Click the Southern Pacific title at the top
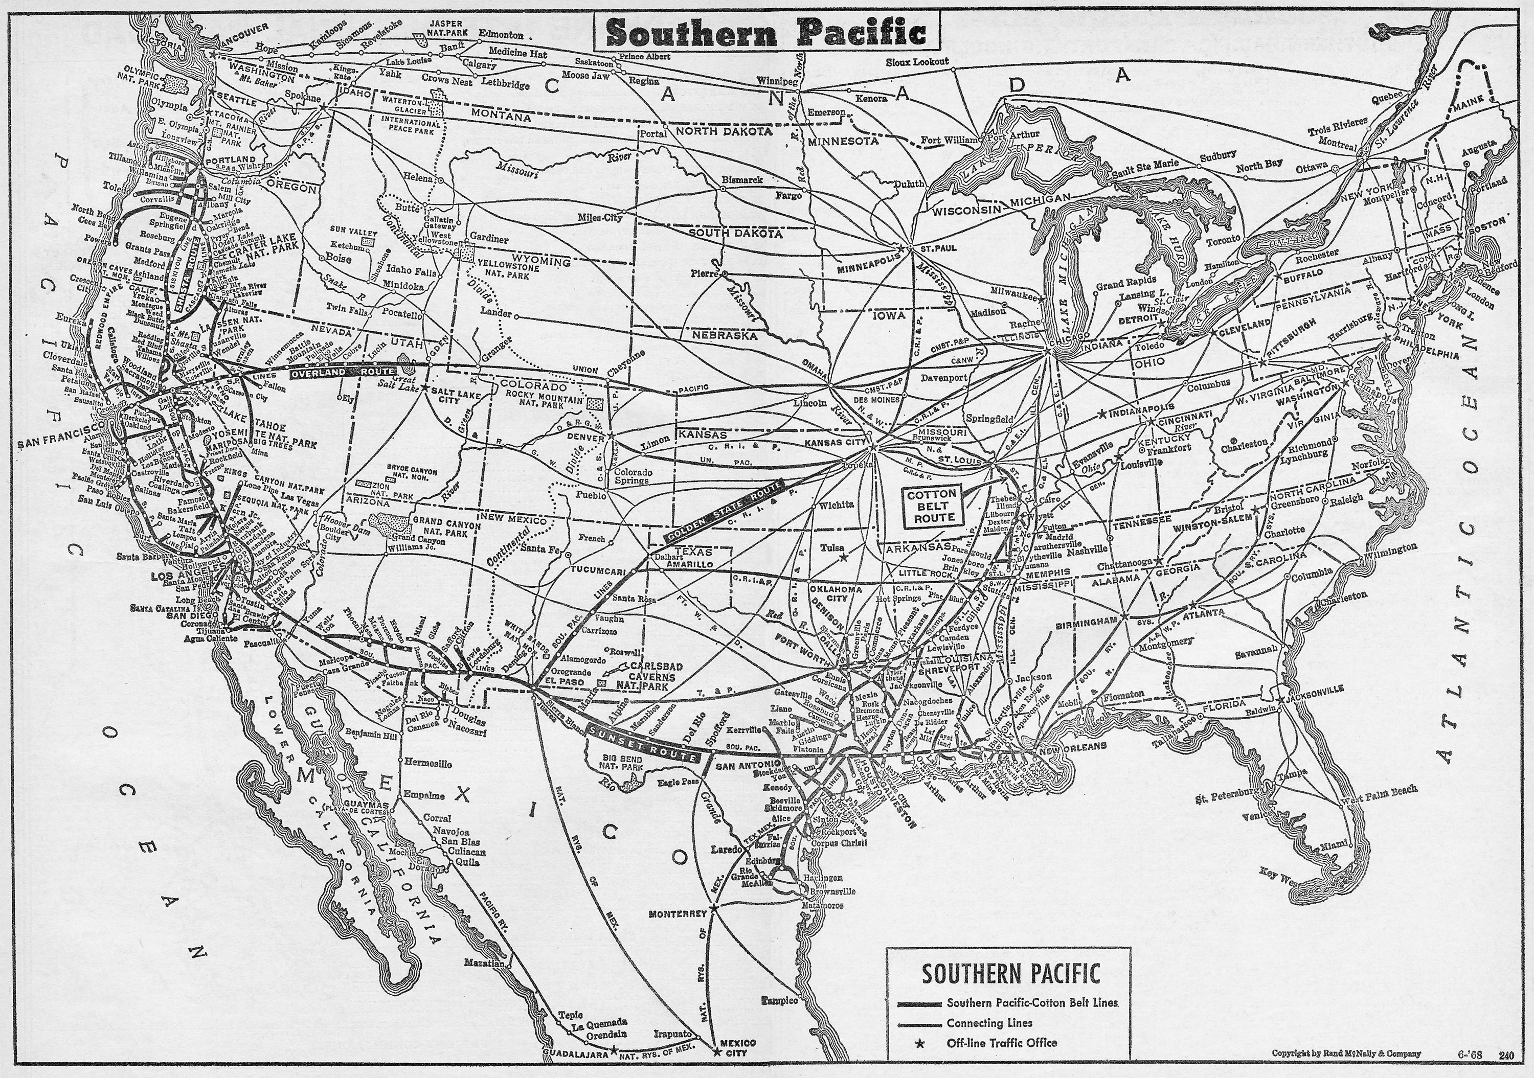[767, 31]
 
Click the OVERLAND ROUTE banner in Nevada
[342, 372]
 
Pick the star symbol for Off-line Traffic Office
[919, 1043]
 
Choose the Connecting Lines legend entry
[989, 1023]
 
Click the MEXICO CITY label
[738, 1047]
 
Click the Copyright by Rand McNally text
[1346, 1054]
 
